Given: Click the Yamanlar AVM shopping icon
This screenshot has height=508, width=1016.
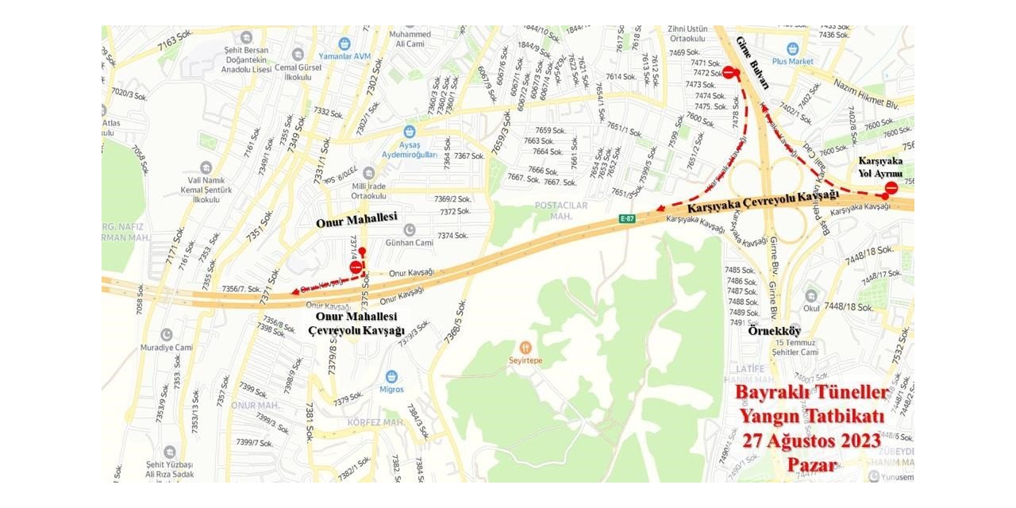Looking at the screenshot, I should [344, 44].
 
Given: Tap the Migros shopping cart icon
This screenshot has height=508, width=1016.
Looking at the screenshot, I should [391, 376].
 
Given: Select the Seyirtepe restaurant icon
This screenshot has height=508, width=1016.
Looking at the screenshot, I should [525, 348].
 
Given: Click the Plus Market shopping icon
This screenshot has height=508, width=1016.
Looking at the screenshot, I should [792, 48].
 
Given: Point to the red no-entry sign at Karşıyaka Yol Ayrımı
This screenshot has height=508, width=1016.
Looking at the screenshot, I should [891, 188].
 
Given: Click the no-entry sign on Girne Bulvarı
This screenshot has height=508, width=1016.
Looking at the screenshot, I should [728, 72].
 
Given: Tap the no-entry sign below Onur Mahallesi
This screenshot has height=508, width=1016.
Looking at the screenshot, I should [356, 267].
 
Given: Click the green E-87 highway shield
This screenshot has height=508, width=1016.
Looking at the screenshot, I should [628, 219].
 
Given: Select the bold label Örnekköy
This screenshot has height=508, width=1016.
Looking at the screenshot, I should [775, 330].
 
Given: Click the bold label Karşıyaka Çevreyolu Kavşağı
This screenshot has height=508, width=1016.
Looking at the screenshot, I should [763, 202].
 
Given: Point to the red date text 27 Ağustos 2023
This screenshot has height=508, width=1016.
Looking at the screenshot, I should [811, 441].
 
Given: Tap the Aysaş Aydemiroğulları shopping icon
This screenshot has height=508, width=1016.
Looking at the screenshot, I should [410, 132].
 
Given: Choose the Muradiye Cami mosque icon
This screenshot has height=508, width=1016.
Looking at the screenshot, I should [167, 335].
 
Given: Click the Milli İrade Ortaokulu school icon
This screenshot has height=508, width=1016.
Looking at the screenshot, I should [368, 173].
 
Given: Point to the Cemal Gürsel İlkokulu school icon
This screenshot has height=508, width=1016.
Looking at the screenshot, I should [298, 55].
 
